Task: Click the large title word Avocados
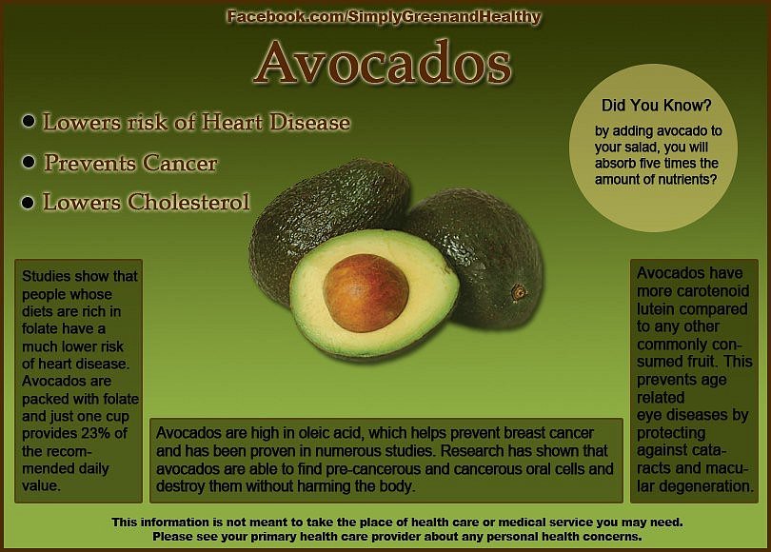tap(383, 63)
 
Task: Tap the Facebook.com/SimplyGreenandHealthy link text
tap(384, 17)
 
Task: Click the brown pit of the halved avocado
tap(366, 293)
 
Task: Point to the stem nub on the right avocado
tap(519, 293)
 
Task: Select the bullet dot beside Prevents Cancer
tap(29, 162)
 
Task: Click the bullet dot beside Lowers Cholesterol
tap(28, 202)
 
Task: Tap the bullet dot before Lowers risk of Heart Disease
tap(29, 121)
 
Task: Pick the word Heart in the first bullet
tap(231, 122)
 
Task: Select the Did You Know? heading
tap(657, 106)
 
